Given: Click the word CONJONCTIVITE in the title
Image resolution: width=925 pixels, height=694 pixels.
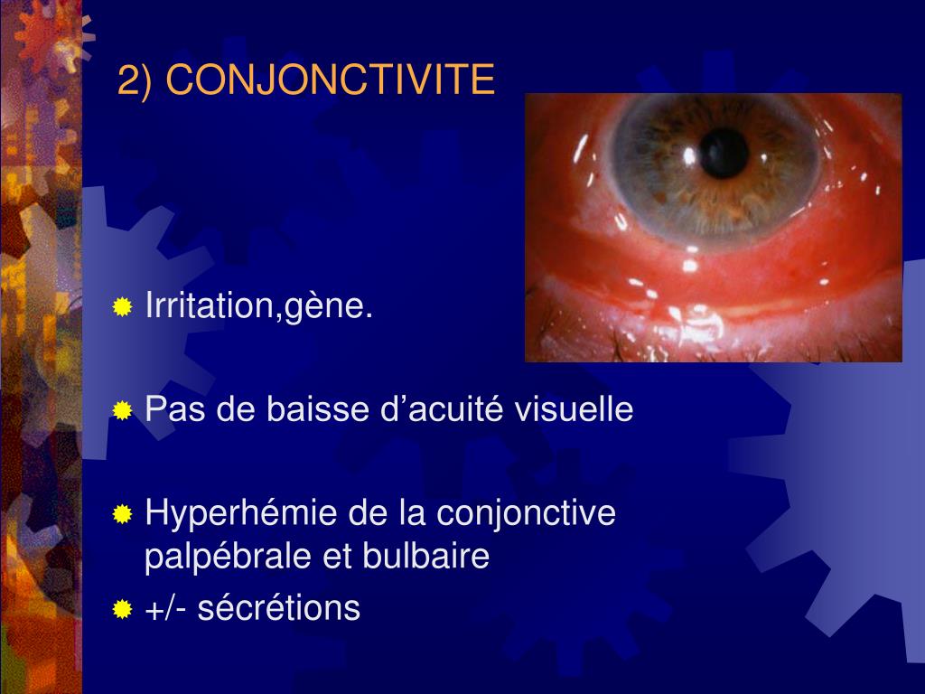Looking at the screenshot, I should [331, 81].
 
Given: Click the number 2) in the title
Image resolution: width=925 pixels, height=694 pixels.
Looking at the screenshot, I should [136, 81].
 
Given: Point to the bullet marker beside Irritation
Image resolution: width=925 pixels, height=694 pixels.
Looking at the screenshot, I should [122, 308].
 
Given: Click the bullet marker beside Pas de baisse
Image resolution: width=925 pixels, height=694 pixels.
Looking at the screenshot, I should [122, 411].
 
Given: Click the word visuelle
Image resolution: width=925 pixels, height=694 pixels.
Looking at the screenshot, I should [575, 410].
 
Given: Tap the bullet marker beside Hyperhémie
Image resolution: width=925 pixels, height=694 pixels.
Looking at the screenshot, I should [122, 515].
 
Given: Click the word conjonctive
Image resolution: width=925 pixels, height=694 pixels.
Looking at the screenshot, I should [526, 514].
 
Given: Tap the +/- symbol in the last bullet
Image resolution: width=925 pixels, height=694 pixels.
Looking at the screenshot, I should [164, 609].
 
